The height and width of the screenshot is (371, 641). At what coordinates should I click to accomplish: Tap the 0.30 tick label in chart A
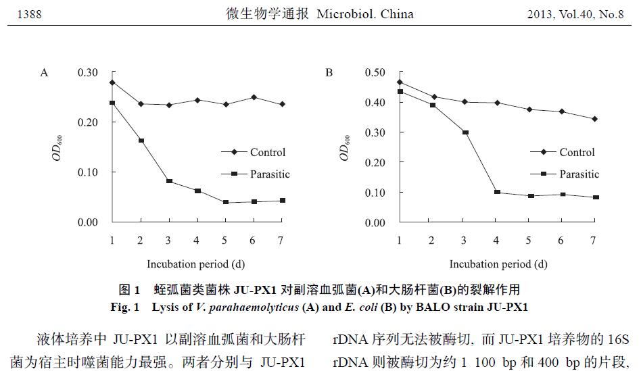(x=88, y=72)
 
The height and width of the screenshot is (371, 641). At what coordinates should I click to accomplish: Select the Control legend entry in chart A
(x=267, y=153)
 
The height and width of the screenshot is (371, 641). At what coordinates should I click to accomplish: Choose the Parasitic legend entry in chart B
(x=579, y=174)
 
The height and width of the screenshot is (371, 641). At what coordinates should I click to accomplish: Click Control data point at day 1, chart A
(x=112, y=82)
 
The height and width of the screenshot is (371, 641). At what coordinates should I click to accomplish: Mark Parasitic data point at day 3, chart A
(x=169, y=181)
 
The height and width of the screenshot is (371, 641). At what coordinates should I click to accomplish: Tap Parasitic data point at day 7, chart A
(x=282, y=201)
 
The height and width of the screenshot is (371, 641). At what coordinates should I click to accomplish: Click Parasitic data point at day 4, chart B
(x=496, y=193)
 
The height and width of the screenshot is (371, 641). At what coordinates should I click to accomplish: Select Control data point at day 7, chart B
(x=593, y=119)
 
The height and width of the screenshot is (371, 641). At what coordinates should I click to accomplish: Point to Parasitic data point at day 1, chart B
(x=400, y=91)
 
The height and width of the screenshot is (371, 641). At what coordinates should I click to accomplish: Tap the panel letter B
(x=329, y=72)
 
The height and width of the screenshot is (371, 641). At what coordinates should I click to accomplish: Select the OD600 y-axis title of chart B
(x=345, y=148)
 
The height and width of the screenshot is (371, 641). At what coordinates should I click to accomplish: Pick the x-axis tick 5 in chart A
(x=225, y=241)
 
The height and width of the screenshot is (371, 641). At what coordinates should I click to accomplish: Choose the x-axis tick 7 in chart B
(x=593, y=241)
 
